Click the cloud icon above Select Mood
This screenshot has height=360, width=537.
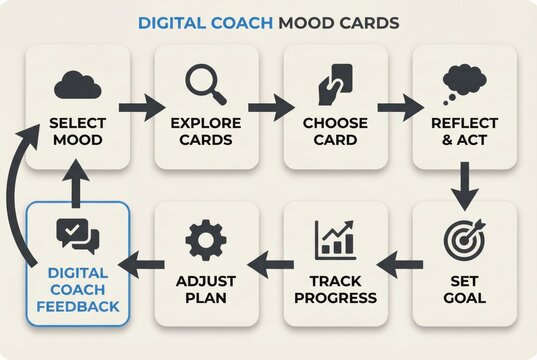(77, 86)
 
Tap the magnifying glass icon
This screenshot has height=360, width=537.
(206, 85)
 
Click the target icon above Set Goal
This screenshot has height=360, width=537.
(464, 240)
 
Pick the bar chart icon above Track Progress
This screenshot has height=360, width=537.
(336, 240)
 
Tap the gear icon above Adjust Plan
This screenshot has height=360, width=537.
(206, 240)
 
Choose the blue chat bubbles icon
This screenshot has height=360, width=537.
(77, 236)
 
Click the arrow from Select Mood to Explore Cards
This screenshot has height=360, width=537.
(140, 107)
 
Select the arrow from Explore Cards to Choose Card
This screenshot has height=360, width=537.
(270, 107)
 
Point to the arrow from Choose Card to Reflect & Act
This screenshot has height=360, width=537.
(399, 107)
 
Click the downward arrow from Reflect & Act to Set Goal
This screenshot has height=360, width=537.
(464, 182)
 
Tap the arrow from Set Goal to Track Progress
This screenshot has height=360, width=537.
(401, 263)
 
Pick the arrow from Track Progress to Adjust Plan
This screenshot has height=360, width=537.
(270, 263)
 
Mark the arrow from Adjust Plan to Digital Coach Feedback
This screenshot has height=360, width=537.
(142, 263)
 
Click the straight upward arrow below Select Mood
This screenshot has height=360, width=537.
(77, 182)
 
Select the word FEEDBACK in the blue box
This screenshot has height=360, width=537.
(77, 305)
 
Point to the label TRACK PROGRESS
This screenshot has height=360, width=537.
(336, 290)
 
